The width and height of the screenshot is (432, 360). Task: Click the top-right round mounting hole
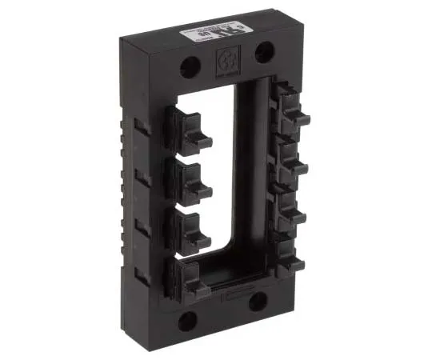pyautogui.click(x=262, y=53)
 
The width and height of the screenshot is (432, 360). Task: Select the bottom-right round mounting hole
pyautogui.click(x=258, y=300)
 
